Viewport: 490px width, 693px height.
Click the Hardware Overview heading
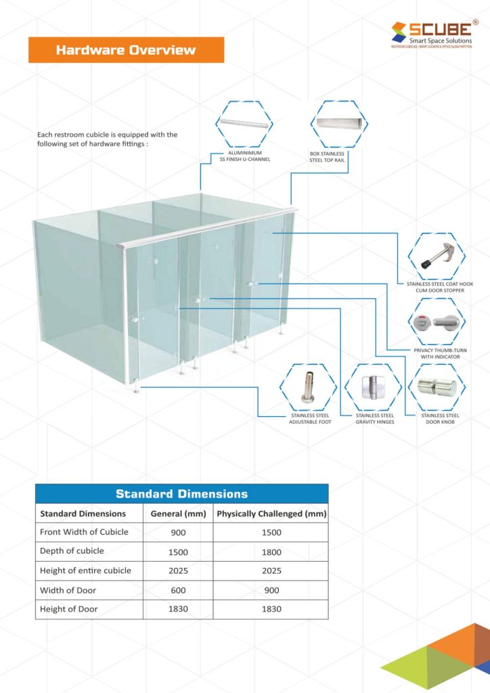click(126, 50)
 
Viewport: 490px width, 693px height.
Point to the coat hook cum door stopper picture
click(436, 256)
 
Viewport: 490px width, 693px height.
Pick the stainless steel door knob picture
click(436, 387)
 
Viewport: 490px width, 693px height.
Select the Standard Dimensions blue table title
click(181, 493)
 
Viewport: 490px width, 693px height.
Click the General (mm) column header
click(178, 514)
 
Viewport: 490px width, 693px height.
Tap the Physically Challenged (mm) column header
click(271, 514)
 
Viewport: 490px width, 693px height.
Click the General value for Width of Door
click(178, 591)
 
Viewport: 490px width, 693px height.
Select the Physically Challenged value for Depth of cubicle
click(271, 552)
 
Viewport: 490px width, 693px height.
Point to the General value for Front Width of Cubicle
click(178, 533)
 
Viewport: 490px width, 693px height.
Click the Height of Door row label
click(69, 609)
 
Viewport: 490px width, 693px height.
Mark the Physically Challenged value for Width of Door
click(271, 591)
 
